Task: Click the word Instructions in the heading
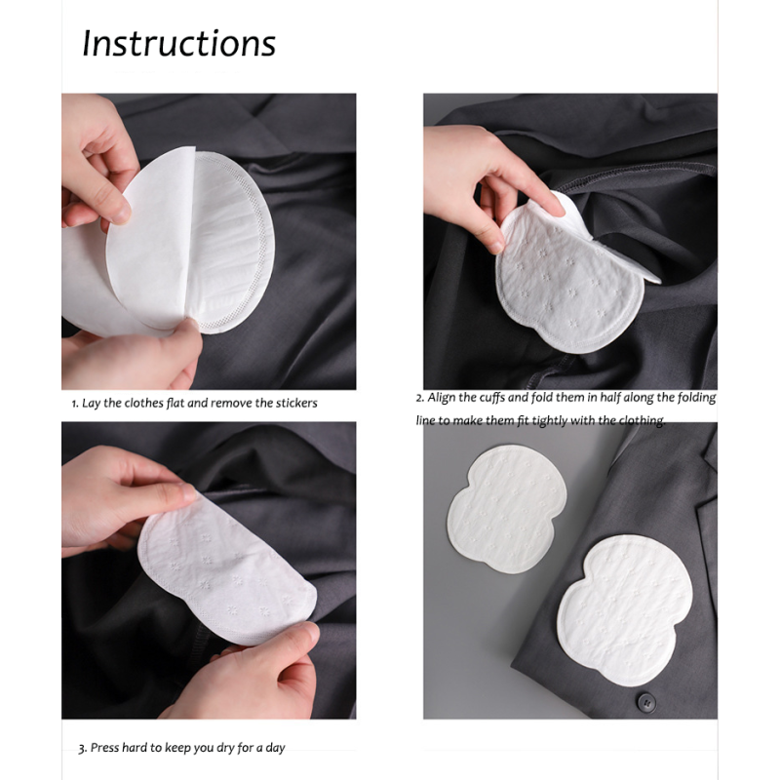tap(178, 44)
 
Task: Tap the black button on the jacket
tap(644, 700)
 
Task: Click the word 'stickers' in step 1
tap(293, 403)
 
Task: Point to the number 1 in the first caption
tap(74, 404)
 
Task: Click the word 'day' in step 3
tap(273, 748)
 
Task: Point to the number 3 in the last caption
tap(81, 749)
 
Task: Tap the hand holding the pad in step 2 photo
tap(478, 180)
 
